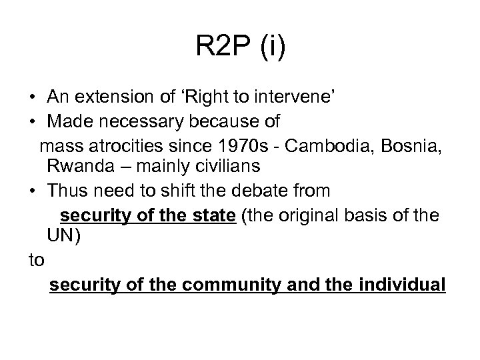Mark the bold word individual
click(401, 285)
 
